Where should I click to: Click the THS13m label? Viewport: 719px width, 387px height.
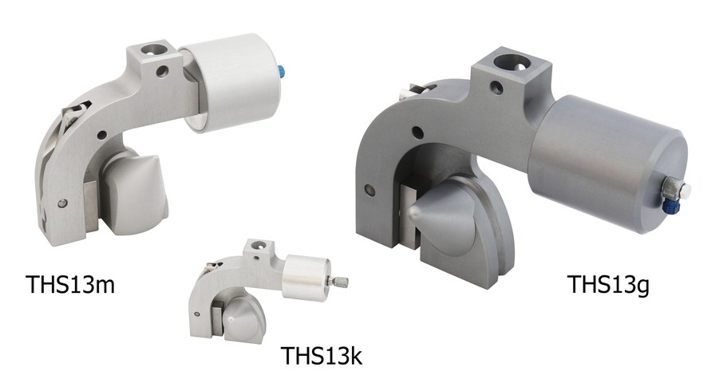click(x=70, y=284)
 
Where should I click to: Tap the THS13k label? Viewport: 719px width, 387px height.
click(x=321, y=355)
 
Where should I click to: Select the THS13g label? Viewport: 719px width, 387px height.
click(x=608, y=284)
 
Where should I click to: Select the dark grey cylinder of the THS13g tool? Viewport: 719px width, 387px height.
click(x=607, y=164)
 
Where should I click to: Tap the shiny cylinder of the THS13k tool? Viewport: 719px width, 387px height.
click(x=306, y=278)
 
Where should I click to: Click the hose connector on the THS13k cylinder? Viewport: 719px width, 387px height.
click(x=339, y=282)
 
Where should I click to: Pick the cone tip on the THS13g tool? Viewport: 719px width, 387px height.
click(x=413, y=211)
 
